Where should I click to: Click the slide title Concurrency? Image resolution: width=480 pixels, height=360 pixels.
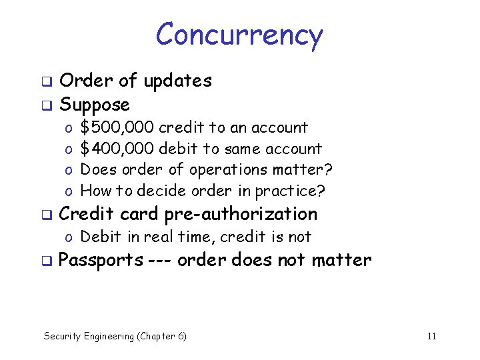[239, 35]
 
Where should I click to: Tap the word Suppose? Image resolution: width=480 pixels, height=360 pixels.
[95, 105]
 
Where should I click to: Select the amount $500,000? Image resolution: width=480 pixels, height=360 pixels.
[117, 127]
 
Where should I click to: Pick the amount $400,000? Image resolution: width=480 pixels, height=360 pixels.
[117, 149]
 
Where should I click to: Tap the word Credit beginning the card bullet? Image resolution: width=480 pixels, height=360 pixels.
[85, 214]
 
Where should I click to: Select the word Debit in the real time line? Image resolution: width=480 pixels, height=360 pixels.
[99, 237]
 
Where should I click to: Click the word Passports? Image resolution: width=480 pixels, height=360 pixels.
[101, 259]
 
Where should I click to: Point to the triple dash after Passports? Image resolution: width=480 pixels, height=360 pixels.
[161, 260]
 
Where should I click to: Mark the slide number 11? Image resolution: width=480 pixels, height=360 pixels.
[431, 336]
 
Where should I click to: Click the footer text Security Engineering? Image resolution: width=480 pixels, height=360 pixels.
[89, 336]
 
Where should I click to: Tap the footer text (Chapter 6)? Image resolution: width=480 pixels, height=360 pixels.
[162, 336]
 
